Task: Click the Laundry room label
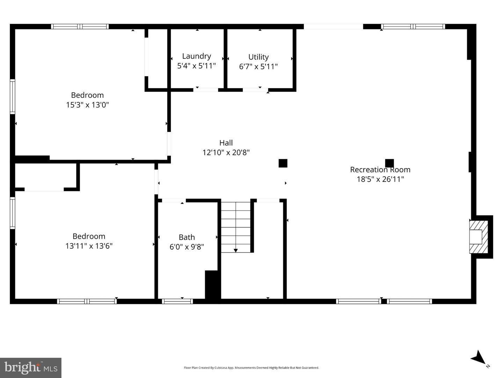pyautogui.click(x=196, y=56)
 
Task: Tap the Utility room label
pyautogui.click(x=258, y=57)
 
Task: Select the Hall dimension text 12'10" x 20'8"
pyautogui.click(x=226, y=152)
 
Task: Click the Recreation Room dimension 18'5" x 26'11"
pyautogui.click(x=380, y=179)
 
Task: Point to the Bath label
pyautogui.click(x=187, y=237)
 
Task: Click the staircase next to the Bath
pyautogui.click(x=236, y=227)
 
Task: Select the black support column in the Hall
pyautogui.click(x=283, y=163)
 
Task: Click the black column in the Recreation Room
pyautogui.click(x=389, y=163)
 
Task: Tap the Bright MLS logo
pyautogui.click(x=31, y=368)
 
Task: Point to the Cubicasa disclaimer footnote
pyautogui.click(x=251, y=368)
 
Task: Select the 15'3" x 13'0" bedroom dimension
pyautogui.click(x=87, y=105)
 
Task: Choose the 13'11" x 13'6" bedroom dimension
pyautogui.click(x=89, y=246)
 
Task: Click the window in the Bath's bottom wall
pyautogui.click(x=177, y=301)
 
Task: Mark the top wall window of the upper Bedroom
pyautogui.click(x=80, y=26)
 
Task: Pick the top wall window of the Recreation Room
pyautogui.click(x=413, y=26)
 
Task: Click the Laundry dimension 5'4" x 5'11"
pyautogui.click(x=196, y=66)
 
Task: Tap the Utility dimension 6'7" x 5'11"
pyautogui.click(x=258, y=66)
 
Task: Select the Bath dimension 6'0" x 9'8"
pyautogui.click(x=187, y=247)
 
